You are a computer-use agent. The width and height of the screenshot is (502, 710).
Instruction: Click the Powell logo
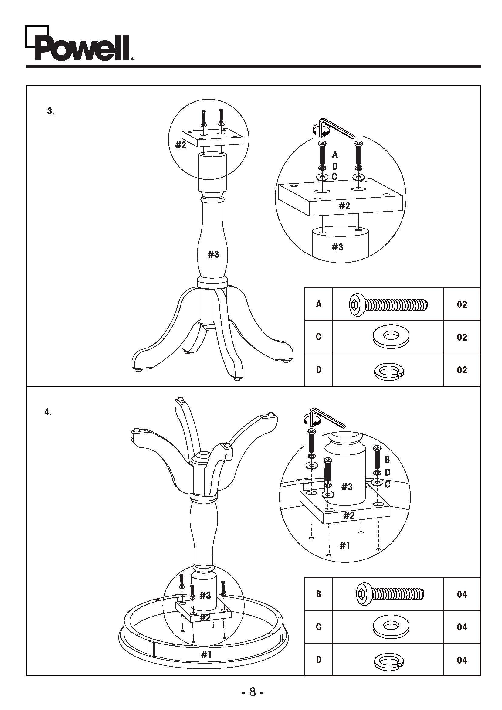pos(80,43)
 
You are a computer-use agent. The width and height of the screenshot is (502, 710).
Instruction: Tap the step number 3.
pos(50,111)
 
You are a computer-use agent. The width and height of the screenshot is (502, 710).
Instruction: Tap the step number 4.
pos(48,412)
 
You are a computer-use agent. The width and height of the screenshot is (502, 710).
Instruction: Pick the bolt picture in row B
pos(390,593)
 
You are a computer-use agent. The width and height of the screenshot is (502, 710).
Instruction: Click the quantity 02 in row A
pos(462,304)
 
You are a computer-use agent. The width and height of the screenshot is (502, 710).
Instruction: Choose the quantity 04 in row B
pos(462,594)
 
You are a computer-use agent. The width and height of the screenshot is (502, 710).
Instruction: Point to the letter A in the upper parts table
pos(319,304)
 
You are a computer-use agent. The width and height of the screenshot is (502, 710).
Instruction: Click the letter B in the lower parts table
pos(318,594)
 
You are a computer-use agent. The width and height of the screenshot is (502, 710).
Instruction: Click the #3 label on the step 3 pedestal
pos(213,254)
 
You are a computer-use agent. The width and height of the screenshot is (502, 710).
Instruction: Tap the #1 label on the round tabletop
pos(206,654)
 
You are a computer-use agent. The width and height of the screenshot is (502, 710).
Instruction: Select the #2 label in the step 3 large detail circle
pos(344,206)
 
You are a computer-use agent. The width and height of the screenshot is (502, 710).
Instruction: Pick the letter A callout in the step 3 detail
pos(335,154)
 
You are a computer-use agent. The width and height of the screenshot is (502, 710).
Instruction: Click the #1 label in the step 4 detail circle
pos(344,545)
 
